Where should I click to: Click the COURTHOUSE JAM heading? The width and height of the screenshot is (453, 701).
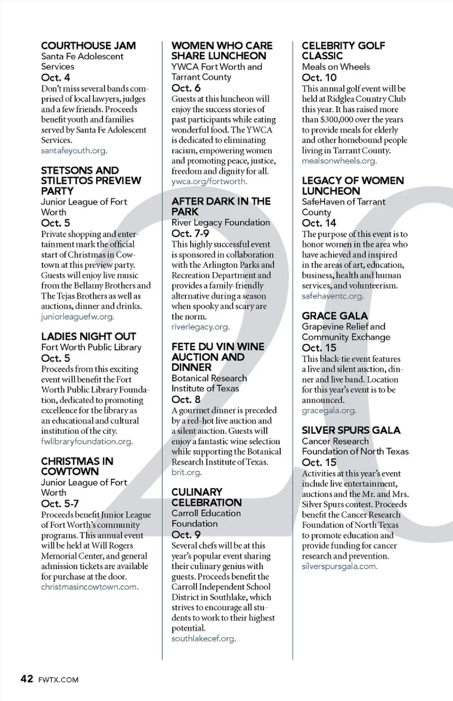pyautogui.click(x=88, y=46)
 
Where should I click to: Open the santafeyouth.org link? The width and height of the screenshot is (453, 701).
pyautogui.click(x=74, y=151)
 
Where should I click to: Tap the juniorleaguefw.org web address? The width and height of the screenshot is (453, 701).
pyautogui.click(x=77, y=317)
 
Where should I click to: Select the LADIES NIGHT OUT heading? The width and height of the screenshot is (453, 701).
pyautogui.click(x=88, y=337)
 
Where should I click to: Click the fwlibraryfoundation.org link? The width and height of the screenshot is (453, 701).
pyautogui.click(x=86, y=441)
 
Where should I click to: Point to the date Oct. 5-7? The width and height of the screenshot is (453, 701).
pyautogui.click(x=60, y=504)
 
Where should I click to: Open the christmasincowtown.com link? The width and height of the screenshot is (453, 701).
pyautogui.click(x=89, y=587)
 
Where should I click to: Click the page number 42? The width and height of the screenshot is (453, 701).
pyautogui.click(x=27, y=679)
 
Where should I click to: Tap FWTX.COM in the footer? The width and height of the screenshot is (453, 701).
pyautogui.click(x=59, y=680)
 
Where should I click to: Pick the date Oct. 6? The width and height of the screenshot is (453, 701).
pyautogui.click(x=186, y=88)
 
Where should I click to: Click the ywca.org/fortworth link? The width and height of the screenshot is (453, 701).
pyautogui.click(x=209, y=182)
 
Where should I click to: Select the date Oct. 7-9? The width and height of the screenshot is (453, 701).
pyautogui.click(x=190, y=234)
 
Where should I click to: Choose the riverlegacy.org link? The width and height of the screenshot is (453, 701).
pyautogui.click(x=200, y=327)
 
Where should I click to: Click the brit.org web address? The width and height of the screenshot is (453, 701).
pyautogui.click(x=186, y=472)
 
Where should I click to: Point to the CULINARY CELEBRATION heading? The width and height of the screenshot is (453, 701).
pyautogui.click(x=206, y=497)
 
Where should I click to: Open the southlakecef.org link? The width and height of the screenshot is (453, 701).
pyautogui.click(x=203, y=639)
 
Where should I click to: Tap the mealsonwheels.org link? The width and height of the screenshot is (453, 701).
pyautogui.click(x=339, y=161)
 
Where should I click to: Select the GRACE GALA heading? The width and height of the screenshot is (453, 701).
pyautogui.click(x=335, y=316)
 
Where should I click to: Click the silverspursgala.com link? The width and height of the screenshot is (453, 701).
pyautogui.click(x=339, y=566)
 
